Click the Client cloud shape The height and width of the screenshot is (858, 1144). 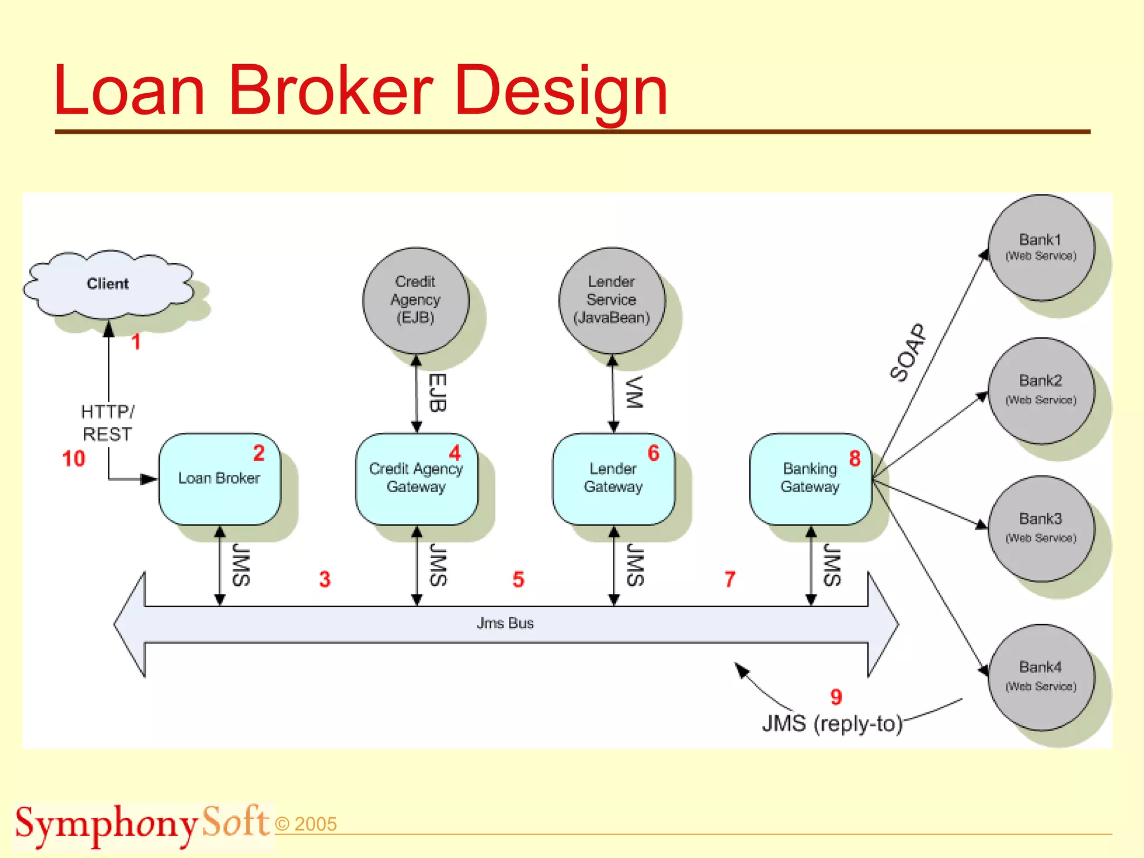(x=108, y=284)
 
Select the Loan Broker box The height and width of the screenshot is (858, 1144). (x=219, y=479)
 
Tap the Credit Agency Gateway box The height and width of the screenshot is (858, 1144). (x=416, y=479)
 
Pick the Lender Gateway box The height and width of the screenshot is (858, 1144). (x=613, y=479)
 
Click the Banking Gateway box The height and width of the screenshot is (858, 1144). (x=810, y=479)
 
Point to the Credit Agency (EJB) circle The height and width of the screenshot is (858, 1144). (x=415, y=300)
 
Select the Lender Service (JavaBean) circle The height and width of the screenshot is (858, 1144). (x=612, y=300)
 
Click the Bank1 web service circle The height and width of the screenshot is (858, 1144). (x=1040, y=247)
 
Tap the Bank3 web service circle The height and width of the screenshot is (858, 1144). (x=1040, y=528)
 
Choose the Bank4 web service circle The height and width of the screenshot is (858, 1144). (x=1040, y=676)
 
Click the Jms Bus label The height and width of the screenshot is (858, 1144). (x=505, y=623)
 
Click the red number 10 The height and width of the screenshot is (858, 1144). (x=74, y=459)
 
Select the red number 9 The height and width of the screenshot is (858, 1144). (x=836, y=697)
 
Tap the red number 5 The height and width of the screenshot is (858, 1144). (x=518, y=579)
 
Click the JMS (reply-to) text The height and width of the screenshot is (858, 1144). (x=832, y=724)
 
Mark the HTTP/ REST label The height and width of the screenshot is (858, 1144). (x=107, y=423)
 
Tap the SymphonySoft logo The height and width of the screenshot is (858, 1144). (x=142, y=824)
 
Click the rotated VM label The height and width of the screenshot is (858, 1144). (x=633, y=392)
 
